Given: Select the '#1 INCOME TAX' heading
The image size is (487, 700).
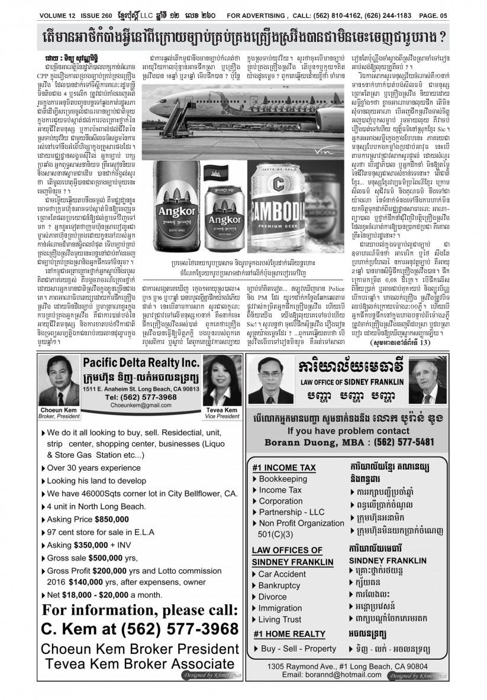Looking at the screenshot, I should pos(283,467).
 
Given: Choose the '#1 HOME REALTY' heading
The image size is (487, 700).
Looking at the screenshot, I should pos(286,634).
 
